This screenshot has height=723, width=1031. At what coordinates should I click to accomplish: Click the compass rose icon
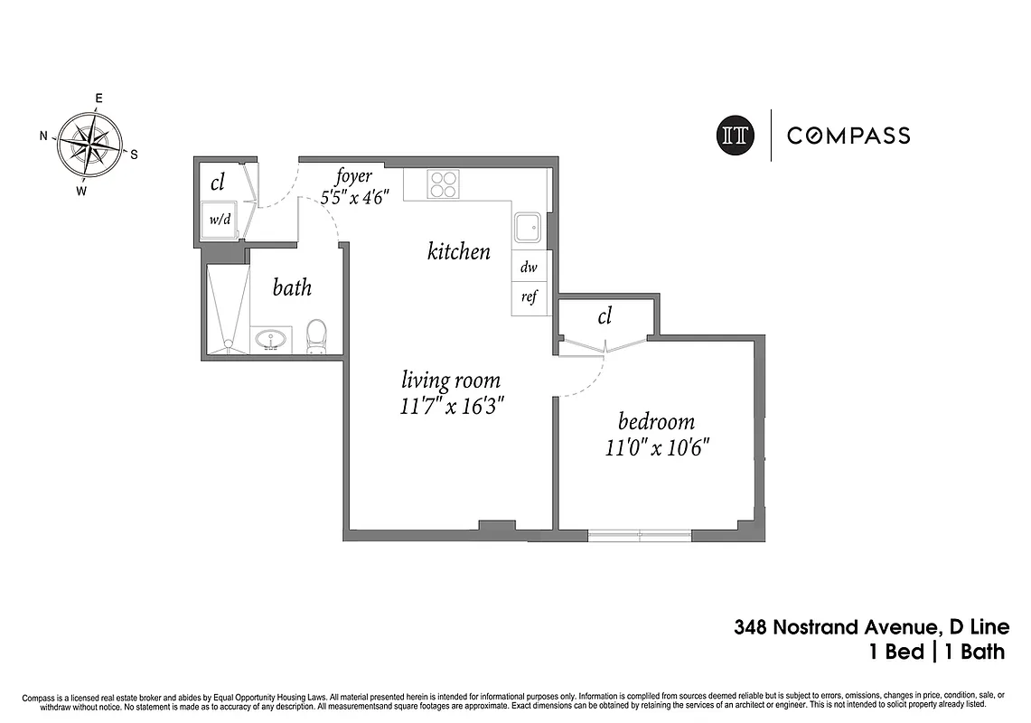91,143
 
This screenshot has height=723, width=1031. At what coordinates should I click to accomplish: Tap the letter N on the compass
43,136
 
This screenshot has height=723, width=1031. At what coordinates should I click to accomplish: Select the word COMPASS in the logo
848,136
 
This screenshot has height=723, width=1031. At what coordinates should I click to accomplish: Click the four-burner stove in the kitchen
443,184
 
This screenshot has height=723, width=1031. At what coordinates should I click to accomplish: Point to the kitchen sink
529,228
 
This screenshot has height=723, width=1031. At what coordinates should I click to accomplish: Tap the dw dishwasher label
529,268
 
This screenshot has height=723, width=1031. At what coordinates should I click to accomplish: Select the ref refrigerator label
529,297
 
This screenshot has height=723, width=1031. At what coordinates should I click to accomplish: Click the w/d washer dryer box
219,220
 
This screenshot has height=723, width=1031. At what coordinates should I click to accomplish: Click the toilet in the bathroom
316,336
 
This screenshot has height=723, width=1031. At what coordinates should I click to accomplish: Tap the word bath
292,287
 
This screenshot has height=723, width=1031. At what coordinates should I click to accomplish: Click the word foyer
354,176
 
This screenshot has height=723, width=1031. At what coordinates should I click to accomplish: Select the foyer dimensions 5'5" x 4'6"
355,196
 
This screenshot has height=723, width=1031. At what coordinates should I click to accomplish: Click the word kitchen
459,251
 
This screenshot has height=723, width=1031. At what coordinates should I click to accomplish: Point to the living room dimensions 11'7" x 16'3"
451,407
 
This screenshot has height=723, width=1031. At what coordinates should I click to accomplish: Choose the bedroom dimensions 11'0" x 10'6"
656,447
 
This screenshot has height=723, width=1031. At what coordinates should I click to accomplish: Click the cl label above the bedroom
605,315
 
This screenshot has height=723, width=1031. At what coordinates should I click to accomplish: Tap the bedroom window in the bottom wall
640,535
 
